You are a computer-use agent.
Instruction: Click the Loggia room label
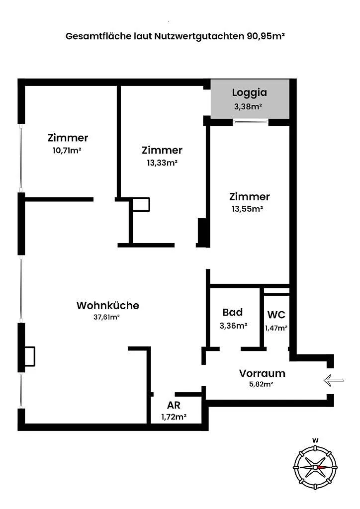[249, 93]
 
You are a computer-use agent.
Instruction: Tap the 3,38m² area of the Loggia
[248, 106]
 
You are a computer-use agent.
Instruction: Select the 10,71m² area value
[67, 151]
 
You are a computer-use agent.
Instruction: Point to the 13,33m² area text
[162, 163]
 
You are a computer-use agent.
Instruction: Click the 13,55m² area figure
[247, 209]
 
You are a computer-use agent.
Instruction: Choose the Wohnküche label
[108, 306]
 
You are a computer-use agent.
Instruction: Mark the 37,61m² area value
[106, 317]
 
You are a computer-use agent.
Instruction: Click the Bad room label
[232, 312]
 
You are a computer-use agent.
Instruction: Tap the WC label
[276, 315]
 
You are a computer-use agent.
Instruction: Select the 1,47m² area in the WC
[276, 328]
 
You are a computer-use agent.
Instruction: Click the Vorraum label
[262, 373]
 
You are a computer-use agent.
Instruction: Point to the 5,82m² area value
[261, 384]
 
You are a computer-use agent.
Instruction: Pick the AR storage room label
[174, 405]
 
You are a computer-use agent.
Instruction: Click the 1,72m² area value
[174, 417]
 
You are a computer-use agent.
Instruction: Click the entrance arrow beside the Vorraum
[334, 380]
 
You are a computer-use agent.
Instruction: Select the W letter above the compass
[315, 440]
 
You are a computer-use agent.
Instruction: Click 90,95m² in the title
[266, 36]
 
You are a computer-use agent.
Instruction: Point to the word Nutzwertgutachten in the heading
[199, 36]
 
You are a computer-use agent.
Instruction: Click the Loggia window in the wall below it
[251, 122]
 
